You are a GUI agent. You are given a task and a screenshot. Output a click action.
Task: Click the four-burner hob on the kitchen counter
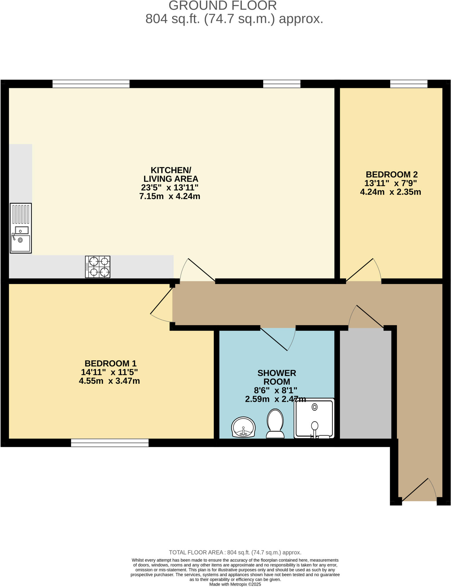pos(97,267)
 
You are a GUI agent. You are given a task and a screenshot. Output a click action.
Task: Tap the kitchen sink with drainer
pos(21,228)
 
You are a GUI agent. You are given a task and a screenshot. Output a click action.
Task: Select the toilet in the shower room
pos(275,423)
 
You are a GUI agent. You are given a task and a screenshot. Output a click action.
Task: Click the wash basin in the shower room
pos(243,427)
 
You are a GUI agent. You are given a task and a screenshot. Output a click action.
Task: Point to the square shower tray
pos(314,418)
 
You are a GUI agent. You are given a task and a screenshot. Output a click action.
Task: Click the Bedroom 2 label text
pos(392,174)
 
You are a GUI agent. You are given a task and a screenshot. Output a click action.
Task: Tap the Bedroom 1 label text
pos(111,363)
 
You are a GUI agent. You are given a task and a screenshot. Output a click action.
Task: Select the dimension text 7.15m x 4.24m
pos(170,196)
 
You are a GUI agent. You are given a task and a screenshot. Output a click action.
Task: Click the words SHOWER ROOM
pos(276,377)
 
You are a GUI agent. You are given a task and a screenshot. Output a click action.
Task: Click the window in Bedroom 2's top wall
pos(408,84)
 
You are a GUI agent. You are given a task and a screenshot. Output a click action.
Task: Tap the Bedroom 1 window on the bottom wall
pos(110,443)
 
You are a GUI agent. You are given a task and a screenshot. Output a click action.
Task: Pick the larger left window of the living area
pos(91,84)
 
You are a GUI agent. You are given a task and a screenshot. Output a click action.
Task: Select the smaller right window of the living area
pos(282,84)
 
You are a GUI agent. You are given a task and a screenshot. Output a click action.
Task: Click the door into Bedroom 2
pos(363,271)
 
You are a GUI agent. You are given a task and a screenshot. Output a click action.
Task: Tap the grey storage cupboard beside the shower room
pos(365,384)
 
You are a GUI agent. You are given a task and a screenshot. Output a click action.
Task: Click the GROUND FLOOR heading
pos(223,6)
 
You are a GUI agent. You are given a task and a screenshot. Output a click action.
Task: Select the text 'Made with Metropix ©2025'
pos(235,584)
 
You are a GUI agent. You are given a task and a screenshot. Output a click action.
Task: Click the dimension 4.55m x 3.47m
pos(109,381)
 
